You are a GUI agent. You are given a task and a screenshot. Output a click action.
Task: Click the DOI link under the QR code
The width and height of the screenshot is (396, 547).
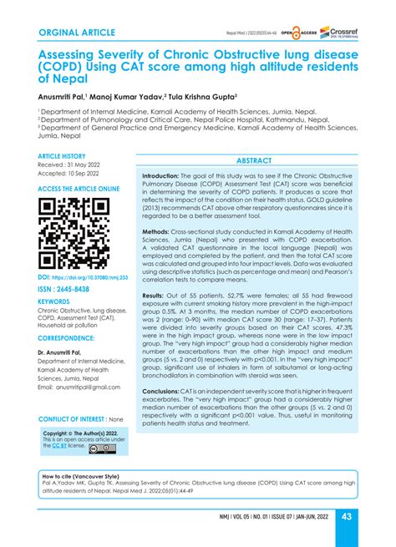80,276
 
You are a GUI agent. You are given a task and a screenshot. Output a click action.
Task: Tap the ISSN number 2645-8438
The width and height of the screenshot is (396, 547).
72,288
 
